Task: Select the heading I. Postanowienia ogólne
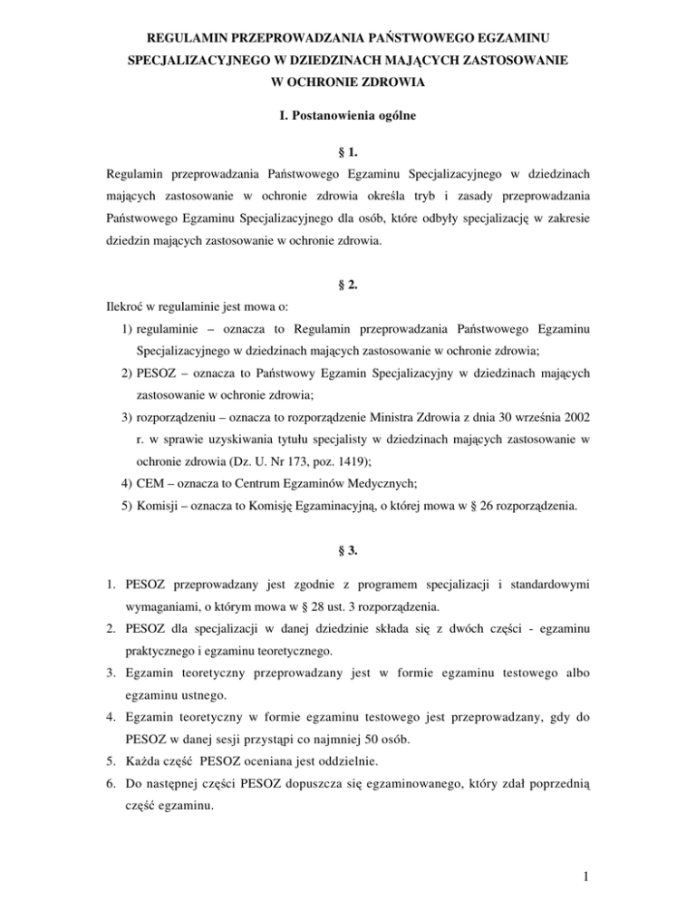348,117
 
